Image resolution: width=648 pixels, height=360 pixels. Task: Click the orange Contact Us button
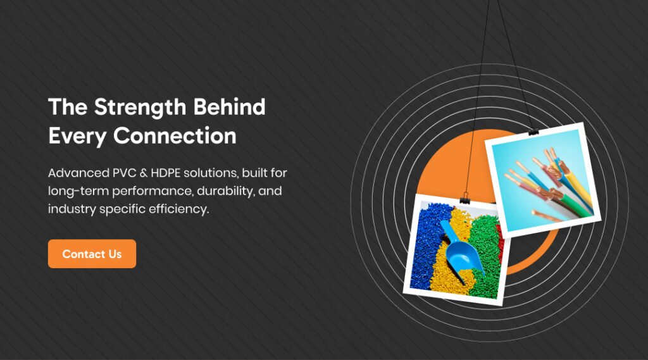pos(92,254)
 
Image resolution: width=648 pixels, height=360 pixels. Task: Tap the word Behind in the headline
pos(229,107)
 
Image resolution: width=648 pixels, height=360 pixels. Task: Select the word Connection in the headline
pos(175,135)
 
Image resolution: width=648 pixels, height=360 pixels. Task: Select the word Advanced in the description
pos(78,173)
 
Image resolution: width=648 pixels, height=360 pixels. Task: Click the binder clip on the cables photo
pos(533,132)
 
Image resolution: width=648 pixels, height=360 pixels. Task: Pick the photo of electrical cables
pos(543,180)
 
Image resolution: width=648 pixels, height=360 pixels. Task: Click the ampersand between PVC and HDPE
pos(144,173)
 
